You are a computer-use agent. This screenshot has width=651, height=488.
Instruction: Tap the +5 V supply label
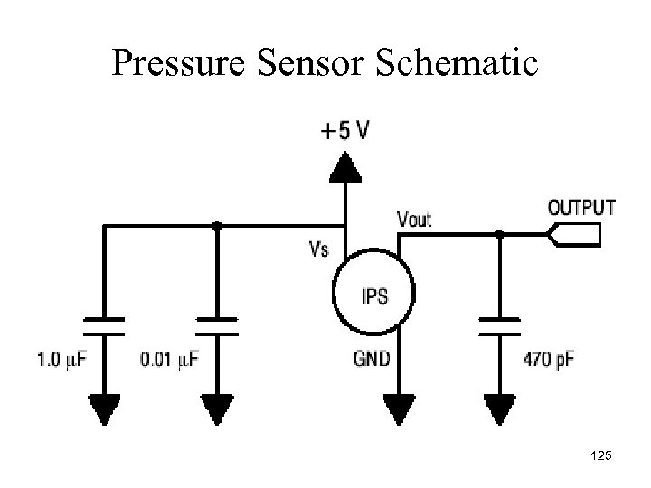(x=344, y=132)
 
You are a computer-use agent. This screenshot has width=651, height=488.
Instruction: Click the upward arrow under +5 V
(x=344, y=166)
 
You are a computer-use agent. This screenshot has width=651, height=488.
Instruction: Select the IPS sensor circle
(x=373, y=294)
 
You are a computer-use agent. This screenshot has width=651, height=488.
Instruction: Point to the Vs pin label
(x=318, y=247)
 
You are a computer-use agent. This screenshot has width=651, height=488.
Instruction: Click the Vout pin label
(x=414, y=219)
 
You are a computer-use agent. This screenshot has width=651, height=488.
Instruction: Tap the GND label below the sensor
(x=372, y=360)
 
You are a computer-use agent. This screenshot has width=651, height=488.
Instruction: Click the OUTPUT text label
(x=581, y=207)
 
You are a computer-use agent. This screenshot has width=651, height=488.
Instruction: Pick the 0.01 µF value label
(x=169, y=360)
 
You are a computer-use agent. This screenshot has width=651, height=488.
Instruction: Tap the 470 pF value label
(x=549, y=360)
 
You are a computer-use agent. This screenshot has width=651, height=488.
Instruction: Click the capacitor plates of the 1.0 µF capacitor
(x=103, y=324)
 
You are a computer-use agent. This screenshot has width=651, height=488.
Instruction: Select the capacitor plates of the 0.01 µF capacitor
(x=216, y=324)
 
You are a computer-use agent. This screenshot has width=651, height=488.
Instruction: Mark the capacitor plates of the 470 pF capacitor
(x=500, y=324)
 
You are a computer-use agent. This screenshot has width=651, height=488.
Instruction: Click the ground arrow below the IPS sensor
(x=399, y=408)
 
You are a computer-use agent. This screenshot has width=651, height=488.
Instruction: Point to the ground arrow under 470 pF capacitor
(x=500, y=408)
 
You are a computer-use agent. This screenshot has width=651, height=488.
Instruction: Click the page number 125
(x=599, y=458)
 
